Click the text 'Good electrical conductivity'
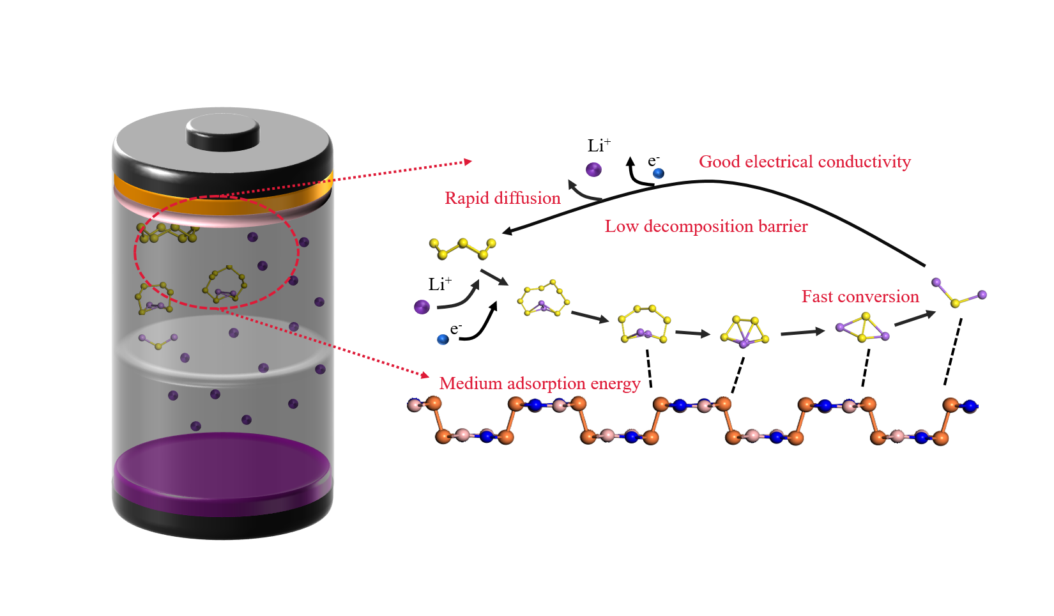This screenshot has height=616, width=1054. (x=804, y=162)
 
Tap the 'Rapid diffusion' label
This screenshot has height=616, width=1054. (x=502, y=198)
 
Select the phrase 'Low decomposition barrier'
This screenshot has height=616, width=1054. (x=706, y=226)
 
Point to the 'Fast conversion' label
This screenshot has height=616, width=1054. (x=860, y=296)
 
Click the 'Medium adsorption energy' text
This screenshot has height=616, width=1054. (x=540, y=383)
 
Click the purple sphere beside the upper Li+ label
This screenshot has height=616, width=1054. (x=593, y=169)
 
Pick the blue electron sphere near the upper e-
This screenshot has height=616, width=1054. (x=658, y=173)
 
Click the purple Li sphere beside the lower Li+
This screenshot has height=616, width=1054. (x=422, y=307)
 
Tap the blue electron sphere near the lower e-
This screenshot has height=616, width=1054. (x=443, y=339)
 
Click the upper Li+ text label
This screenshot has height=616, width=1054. (x=599, y=146)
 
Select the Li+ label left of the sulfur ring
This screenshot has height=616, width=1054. (x=439, y=284)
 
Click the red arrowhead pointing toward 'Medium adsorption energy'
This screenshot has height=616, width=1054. (x=424, y=374)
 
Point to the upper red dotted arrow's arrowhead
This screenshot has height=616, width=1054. (x=468, y=162)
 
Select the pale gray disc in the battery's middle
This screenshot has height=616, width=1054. (x=222, y=348)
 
